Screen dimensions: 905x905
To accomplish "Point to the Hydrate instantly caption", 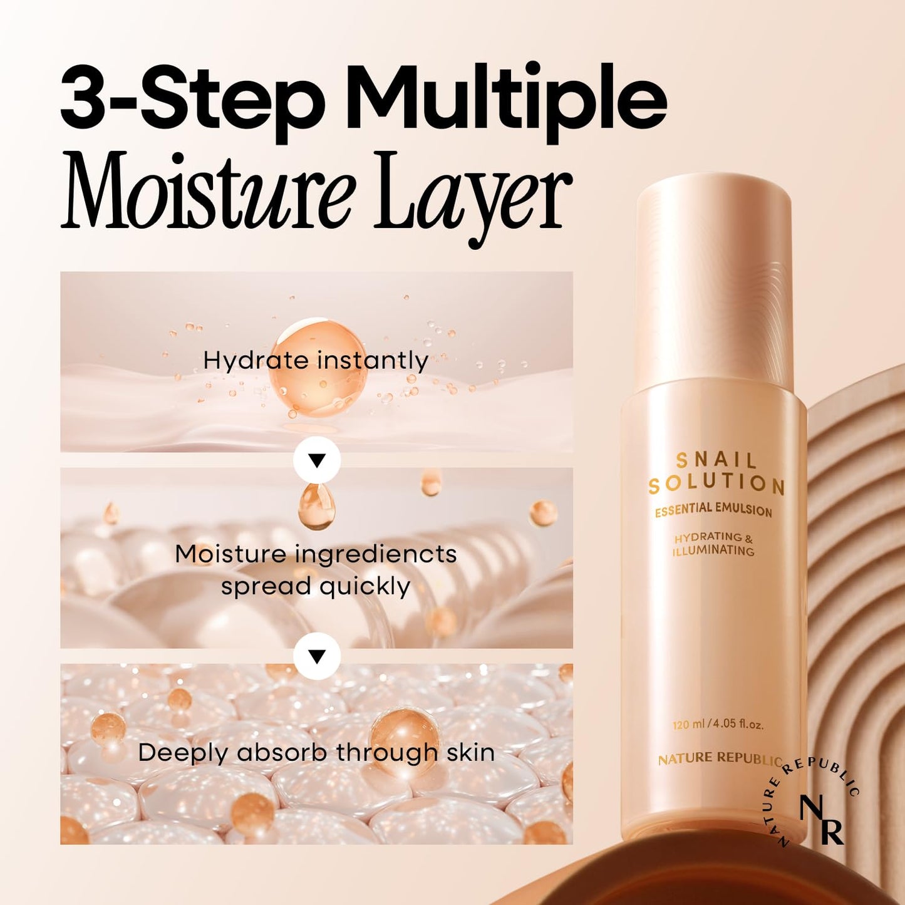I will click(x=316, y=361).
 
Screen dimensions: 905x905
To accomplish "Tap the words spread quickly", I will click(x=316, y=587).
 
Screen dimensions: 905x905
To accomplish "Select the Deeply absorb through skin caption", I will click(x=316, y=752).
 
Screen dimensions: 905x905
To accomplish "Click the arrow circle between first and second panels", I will click(x=317, y=461).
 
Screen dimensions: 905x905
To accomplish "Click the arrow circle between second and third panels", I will click(x=317, y=656).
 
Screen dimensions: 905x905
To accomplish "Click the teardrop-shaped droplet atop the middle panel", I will click(x=316, y=505).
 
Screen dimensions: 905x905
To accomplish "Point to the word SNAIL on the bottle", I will click(x=716, y=461).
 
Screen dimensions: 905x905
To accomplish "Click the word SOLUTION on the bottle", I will click(x=716, y=484).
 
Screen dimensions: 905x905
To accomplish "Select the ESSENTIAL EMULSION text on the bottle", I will click(x=713, y=509).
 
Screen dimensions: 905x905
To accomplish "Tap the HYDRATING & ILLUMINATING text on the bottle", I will click(x=713, y=544).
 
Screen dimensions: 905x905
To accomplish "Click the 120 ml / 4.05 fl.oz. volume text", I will click(x=718, y=725).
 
